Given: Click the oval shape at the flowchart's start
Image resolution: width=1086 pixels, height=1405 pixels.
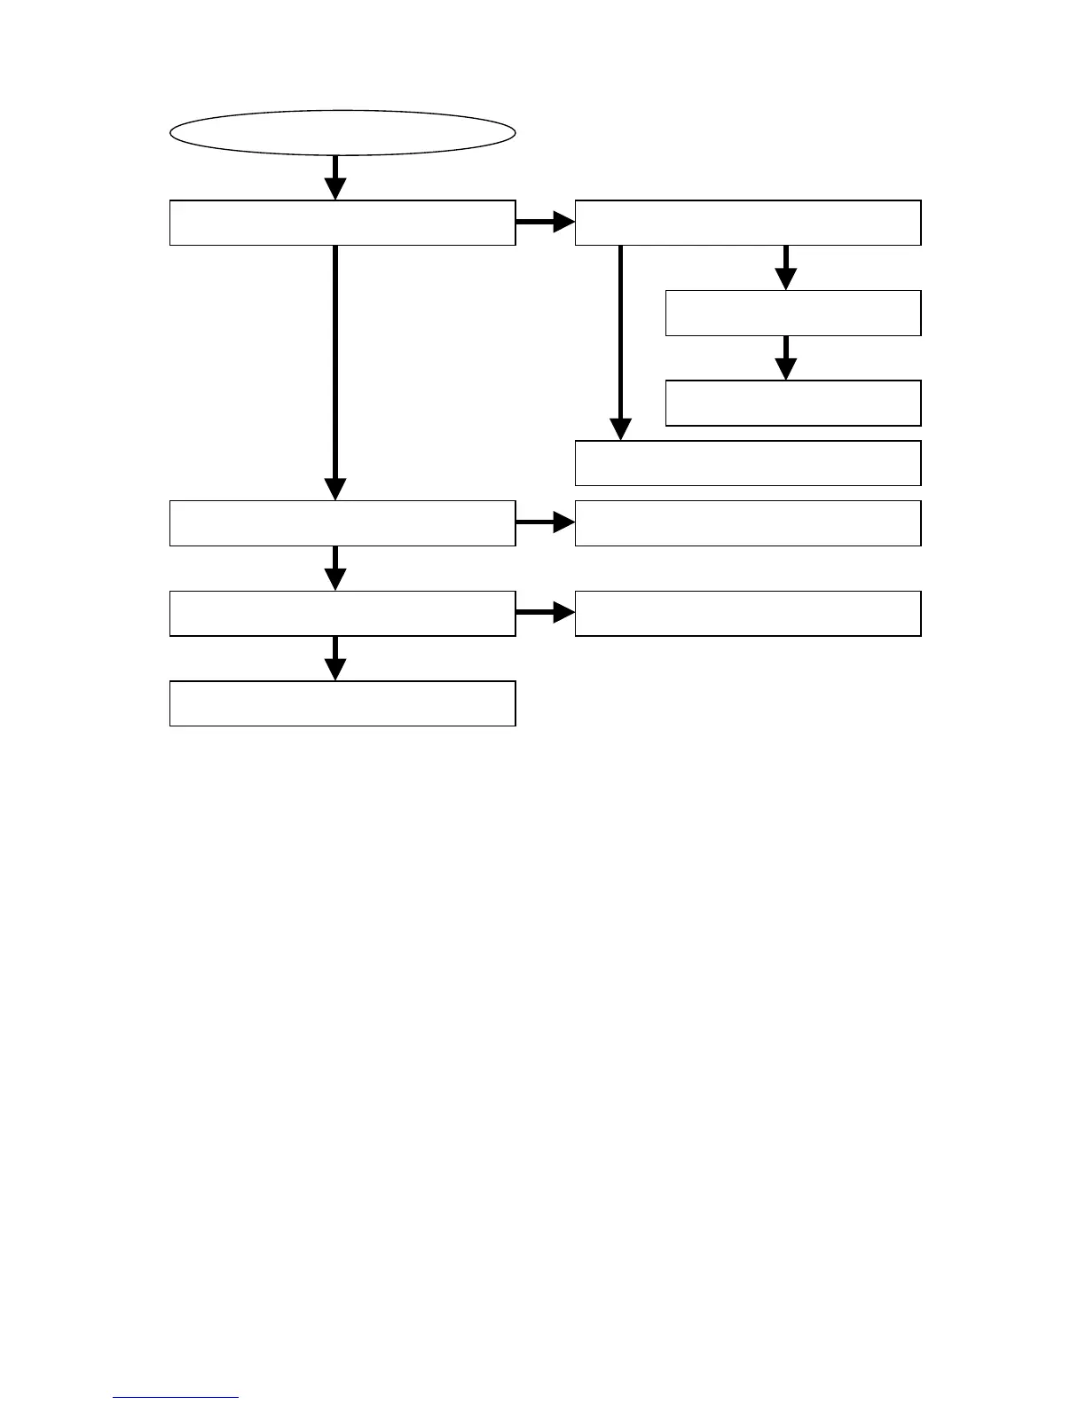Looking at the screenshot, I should click(x=342, y=133).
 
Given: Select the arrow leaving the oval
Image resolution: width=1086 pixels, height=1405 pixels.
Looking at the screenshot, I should click(x=335, y=177).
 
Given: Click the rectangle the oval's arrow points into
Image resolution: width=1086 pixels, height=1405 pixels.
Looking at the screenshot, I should click(x=342, y=223).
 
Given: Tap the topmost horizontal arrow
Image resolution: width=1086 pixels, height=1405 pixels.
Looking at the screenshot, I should click(x=545, y=223).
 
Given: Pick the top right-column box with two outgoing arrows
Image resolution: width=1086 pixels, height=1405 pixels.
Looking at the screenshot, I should click(x=748, y=223).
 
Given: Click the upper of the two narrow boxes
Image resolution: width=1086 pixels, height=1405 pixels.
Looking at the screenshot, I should click(x=793, y=313).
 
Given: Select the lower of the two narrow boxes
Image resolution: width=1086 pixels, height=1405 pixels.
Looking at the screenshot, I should click(x=793, y=404).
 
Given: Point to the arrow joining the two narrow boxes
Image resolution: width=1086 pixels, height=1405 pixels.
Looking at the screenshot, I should click(x=785, y=357).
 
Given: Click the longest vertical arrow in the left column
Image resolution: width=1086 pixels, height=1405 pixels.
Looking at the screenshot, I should click(x=335, y=373).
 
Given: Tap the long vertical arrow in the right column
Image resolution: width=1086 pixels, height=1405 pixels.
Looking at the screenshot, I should click(x=620, y=341).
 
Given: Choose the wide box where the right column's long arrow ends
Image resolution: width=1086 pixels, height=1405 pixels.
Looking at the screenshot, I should click(x=748, y=463).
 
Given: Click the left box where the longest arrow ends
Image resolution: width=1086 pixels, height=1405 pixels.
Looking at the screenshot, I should click(x=342, y=523).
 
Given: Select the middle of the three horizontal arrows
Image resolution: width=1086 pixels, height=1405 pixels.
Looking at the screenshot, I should click(x=545, y=523).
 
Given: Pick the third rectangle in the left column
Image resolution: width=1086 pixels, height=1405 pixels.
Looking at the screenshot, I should click(x=342, y=614).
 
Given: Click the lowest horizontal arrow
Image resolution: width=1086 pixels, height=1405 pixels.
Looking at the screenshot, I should click(x=545, y=613).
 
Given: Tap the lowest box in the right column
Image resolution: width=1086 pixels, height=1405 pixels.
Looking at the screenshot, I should click(x=748, y=614).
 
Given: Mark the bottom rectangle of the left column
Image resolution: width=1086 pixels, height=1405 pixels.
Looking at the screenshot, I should click(x=342, y=704).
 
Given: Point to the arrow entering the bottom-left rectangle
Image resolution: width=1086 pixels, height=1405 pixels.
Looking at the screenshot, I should click(x=335, y=658).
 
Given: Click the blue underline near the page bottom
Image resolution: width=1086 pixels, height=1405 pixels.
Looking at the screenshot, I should click(x=176, y=1398).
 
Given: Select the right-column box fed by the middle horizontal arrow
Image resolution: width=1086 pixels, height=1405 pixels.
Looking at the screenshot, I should click(x=748, y=523).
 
